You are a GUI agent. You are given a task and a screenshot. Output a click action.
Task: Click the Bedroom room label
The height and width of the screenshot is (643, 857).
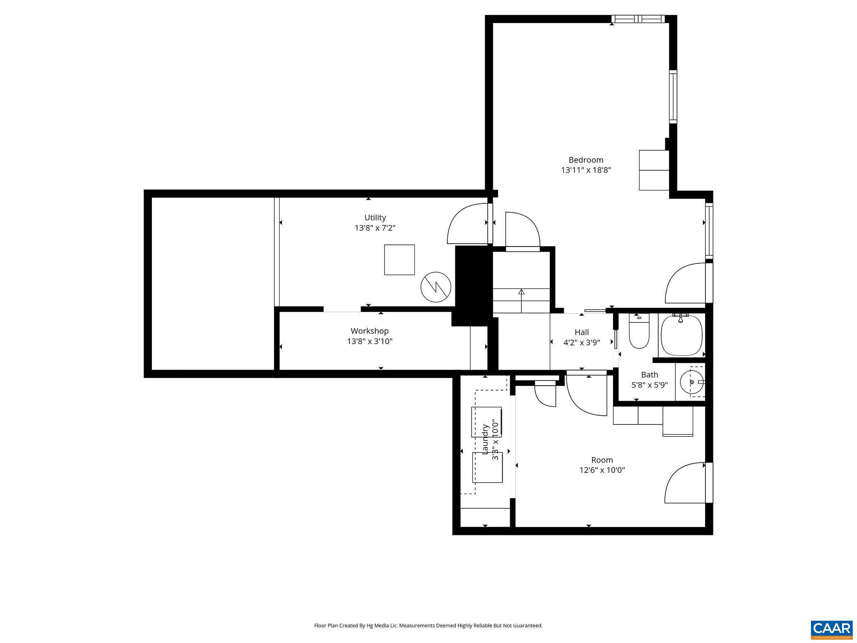586,160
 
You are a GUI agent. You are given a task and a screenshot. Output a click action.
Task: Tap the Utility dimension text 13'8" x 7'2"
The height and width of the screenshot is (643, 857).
375,228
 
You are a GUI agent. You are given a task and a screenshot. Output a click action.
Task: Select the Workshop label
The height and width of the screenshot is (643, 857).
369,331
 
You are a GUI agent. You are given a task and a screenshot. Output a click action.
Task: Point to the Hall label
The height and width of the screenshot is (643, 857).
582,332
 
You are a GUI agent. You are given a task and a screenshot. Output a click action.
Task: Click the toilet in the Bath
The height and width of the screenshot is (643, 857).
639,335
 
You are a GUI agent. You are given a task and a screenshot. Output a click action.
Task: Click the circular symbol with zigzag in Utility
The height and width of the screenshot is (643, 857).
436,287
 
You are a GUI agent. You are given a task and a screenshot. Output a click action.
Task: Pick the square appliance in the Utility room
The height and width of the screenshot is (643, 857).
399,260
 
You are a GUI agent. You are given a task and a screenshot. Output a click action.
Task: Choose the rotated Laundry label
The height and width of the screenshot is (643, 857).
485,439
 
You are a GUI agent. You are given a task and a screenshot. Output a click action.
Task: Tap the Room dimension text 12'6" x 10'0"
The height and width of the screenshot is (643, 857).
602,470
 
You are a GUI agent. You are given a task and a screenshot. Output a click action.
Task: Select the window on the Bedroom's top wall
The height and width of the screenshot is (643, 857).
638,19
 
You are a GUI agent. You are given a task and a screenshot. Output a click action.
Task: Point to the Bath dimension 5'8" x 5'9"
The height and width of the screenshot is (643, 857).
649,385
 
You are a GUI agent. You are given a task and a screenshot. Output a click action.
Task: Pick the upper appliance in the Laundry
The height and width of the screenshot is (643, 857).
486,421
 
